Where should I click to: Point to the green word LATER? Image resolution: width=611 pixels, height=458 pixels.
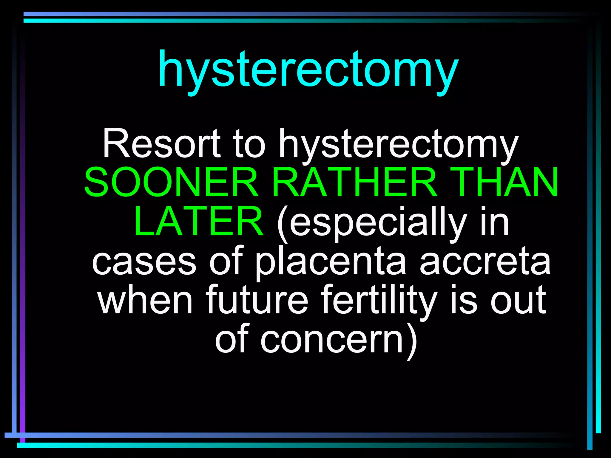pos(198,221)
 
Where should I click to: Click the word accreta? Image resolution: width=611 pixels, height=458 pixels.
pos(485,262)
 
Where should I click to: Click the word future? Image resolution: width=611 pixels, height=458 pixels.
pos(257,300)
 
